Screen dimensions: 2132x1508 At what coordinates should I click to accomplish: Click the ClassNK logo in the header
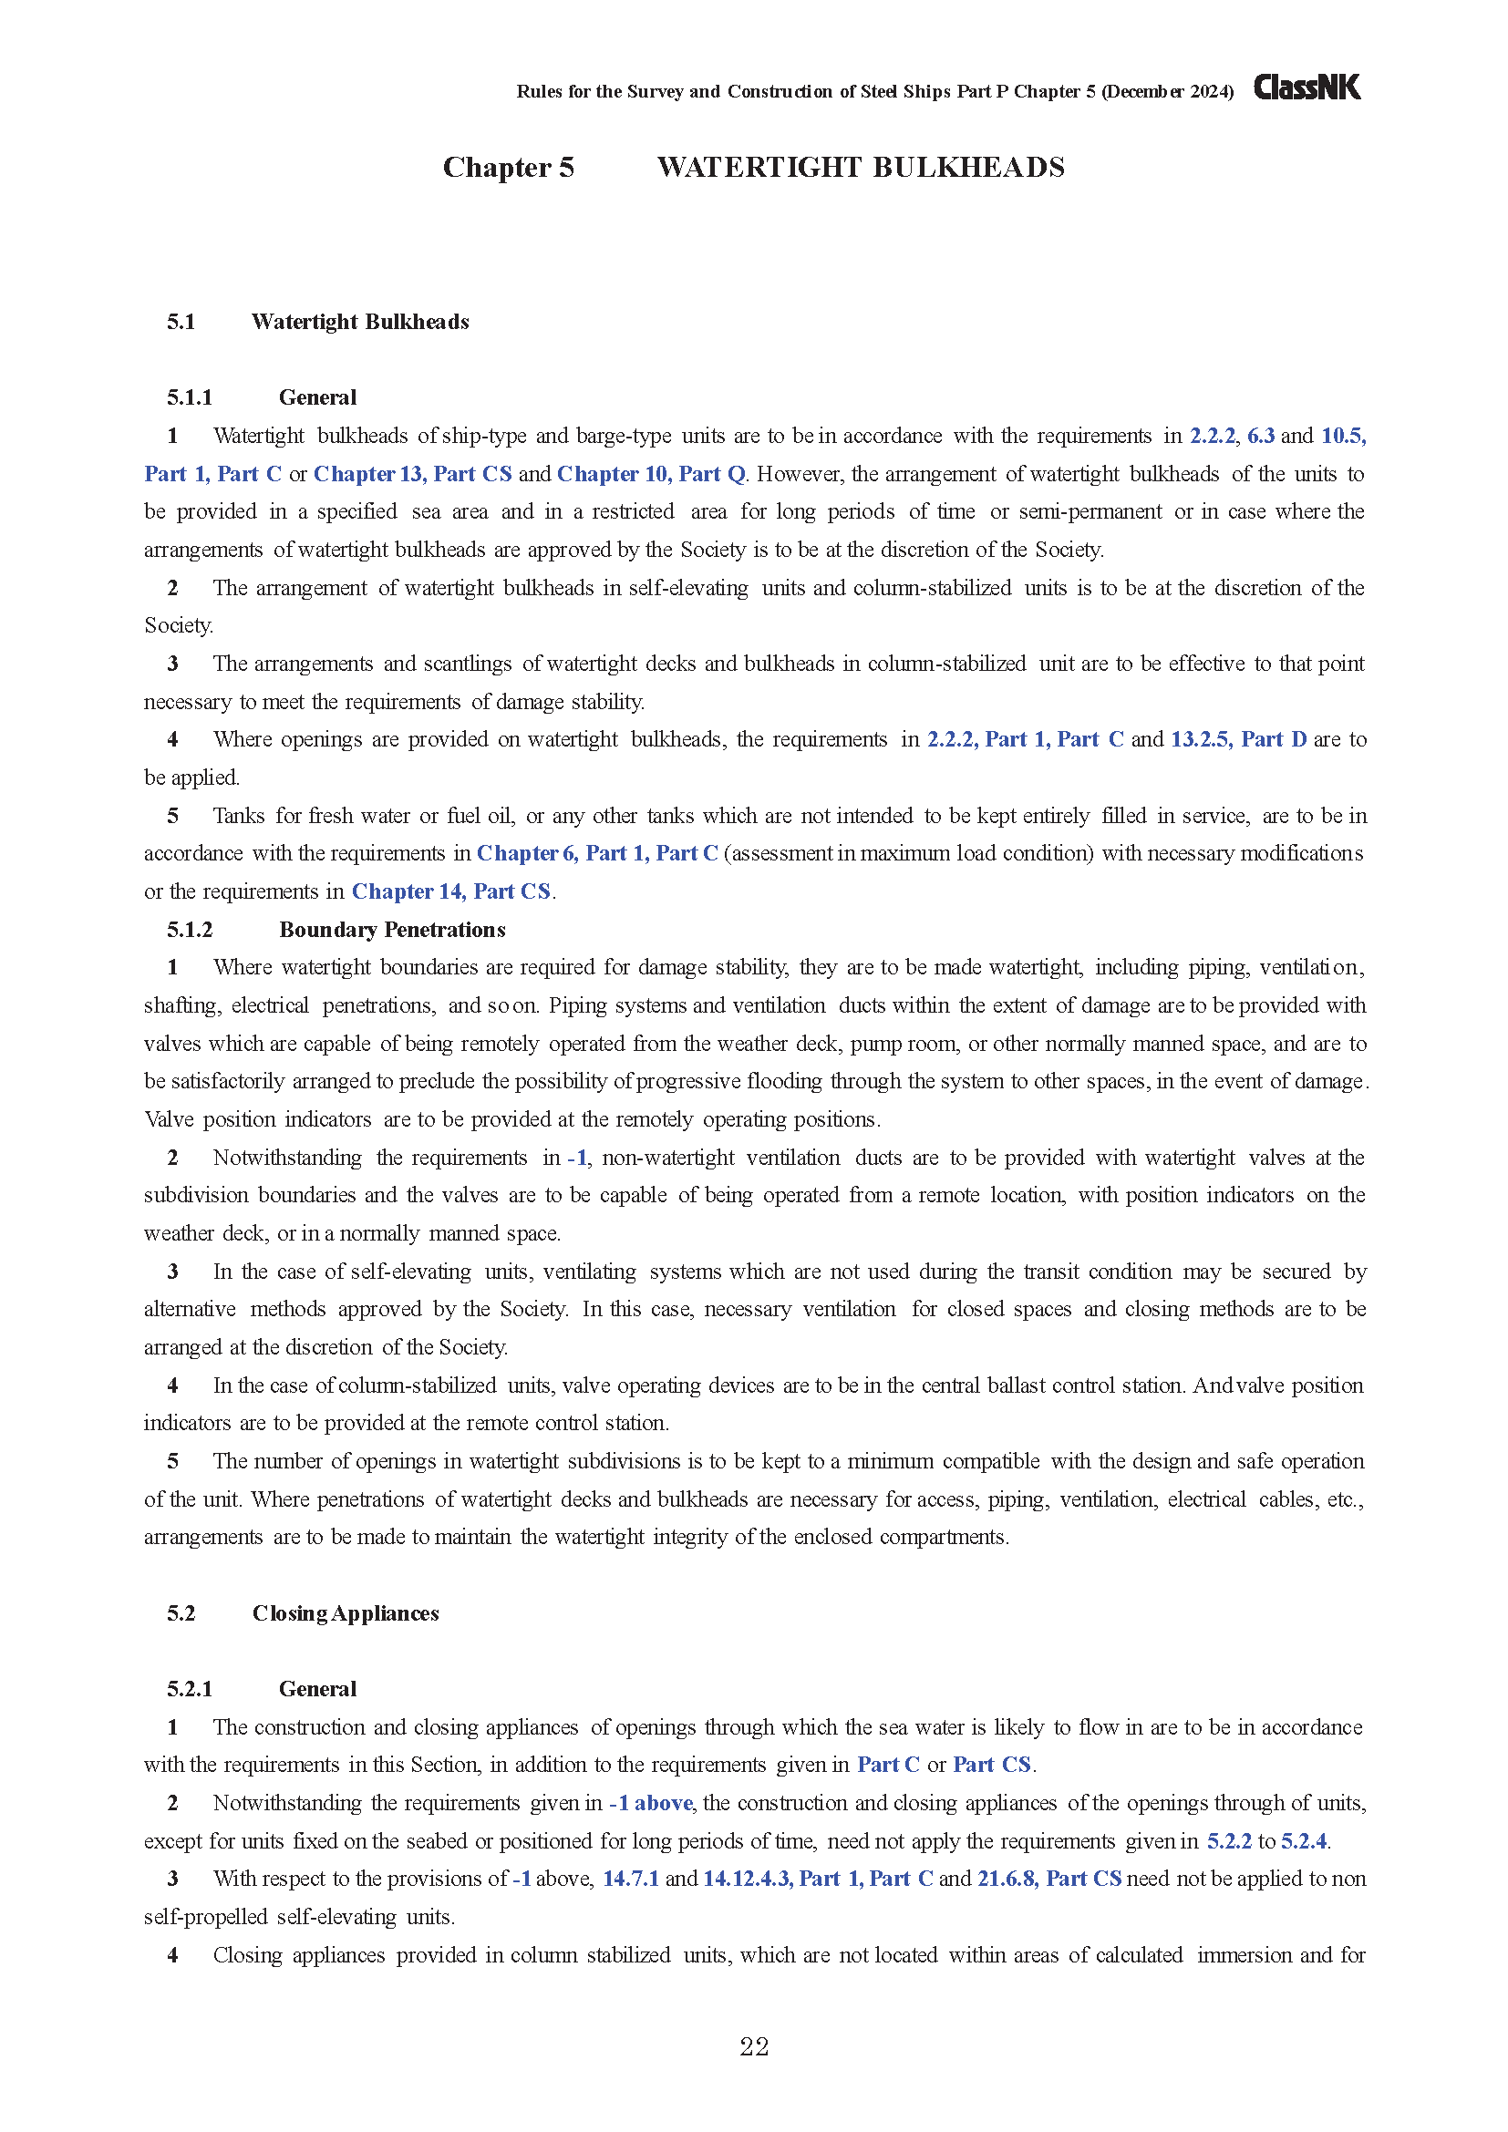[x=1307, y=88]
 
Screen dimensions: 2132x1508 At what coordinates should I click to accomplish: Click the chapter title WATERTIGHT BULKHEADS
[x=861, y=167]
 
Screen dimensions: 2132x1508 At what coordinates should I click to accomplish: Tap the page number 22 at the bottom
[x=754, y=2046]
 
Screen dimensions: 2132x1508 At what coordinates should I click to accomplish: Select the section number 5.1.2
[x=190, y=930]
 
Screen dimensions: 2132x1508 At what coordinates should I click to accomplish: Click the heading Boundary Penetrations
[x=392, y=930]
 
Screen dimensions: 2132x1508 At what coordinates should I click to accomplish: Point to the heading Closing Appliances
[x=346, y=1613]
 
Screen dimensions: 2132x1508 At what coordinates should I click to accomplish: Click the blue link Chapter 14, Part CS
[x=451, y=891]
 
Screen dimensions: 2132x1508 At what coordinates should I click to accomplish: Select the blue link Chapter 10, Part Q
[x=651, y=474]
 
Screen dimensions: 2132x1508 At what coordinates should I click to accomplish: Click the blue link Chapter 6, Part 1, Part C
[x=597, y=853]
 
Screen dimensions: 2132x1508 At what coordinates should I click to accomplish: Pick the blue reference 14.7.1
[x=631, y=1879]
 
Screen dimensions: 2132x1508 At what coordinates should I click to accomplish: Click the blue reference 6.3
[x=1260, y=436]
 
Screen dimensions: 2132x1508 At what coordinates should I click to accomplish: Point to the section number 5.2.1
[x=190, y=1689]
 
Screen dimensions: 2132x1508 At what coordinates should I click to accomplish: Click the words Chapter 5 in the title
[x=508, y=167]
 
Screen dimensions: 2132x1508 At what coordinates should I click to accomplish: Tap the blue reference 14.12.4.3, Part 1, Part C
[x=817, y=1879]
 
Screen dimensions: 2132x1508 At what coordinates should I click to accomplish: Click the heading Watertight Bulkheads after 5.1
[x=360, y=321]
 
